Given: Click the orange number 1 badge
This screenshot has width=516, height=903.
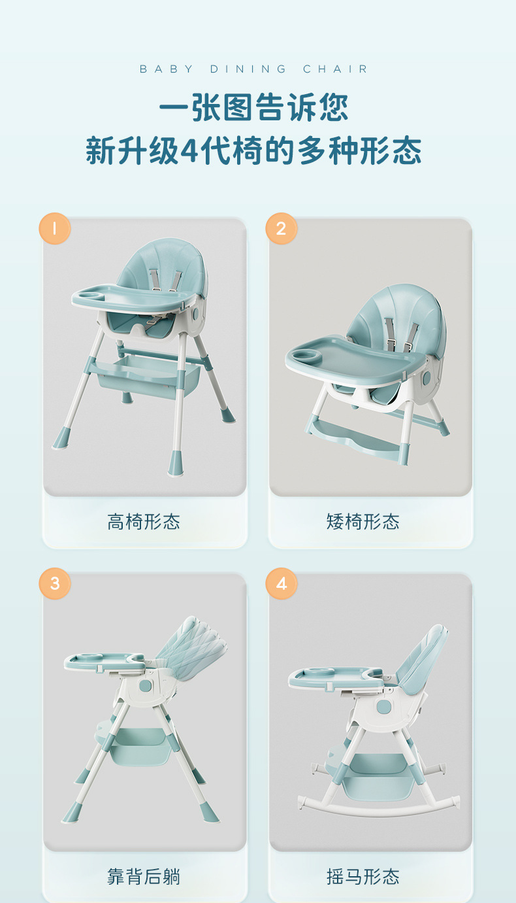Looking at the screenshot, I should pyautogui.click(x=55, y=228).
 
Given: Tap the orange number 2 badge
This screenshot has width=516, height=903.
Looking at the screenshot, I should pyautogui.click(x=282, y=228).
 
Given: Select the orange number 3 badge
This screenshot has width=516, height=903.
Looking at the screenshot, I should pyautogui.click(x=55, y=583).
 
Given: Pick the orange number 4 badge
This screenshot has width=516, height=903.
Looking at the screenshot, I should pyautogui.click(x=282, y=583).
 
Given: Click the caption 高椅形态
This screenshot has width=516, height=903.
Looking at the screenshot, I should pyautogui.click(x=144, y=522).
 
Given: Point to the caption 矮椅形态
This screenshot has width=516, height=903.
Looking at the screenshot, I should pyautogui.click(x=363, y=522).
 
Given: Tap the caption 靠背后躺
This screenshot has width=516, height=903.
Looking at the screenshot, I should pyautogui.click(x=144, y=876).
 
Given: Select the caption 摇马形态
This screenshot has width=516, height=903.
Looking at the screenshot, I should pyautogui.click(x=363, y=876).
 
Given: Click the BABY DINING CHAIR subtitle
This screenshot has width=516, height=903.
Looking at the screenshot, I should pyautogui.click(x=254, y=69).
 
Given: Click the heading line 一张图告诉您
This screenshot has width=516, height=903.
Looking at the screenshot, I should pyautogui.click(x=254, y=107).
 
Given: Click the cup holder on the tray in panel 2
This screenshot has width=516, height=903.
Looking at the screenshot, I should pyautogui.click(x=305, y=355).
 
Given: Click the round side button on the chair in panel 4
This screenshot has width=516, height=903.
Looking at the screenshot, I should pyautogui.click(x=383, y=707).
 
